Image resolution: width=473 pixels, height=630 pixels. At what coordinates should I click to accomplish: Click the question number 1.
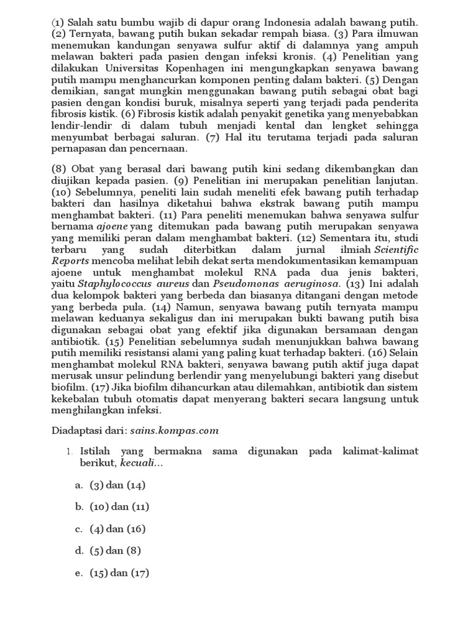pyautogui.click(x=70, y=452)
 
